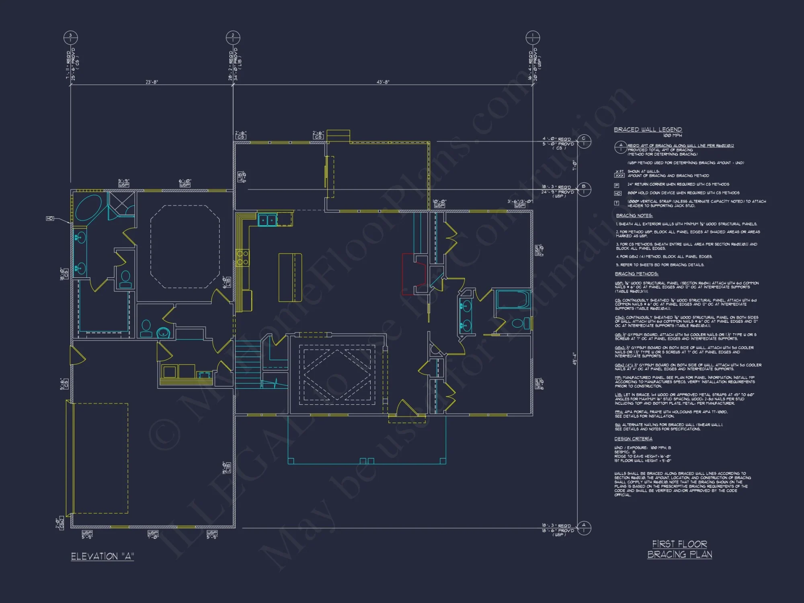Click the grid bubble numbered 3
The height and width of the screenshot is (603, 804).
click(70, 38)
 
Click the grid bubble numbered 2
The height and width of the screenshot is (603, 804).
click(233, 38)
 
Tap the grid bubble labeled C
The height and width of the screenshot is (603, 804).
click(584, 141)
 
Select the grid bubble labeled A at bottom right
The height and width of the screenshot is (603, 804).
click(584, 528)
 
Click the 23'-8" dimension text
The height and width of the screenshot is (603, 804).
click(152, 82)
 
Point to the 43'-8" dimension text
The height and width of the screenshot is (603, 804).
click(383, 82)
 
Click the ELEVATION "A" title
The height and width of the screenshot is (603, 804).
click(103, 556)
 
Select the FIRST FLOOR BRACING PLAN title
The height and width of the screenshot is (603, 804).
click(679, 549)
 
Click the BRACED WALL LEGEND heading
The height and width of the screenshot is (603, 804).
click(648, 129)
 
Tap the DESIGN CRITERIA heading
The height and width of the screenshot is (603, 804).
click(633, 439)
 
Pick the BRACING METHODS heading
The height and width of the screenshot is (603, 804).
click(636, 274)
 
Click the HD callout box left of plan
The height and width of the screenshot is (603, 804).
click(50, 218)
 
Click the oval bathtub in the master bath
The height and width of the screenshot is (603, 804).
click(88, 208)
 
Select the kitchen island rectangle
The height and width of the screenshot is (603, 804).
click(290, 277)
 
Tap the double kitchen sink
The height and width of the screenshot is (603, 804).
click(267, 220)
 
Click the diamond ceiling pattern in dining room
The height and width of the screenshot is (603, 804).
click(337, 375)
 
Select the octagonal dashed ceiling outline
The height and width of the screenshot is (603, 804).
click(185, 246)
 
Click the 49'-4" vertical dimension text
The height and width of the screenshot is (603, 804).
click(574, 359)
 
